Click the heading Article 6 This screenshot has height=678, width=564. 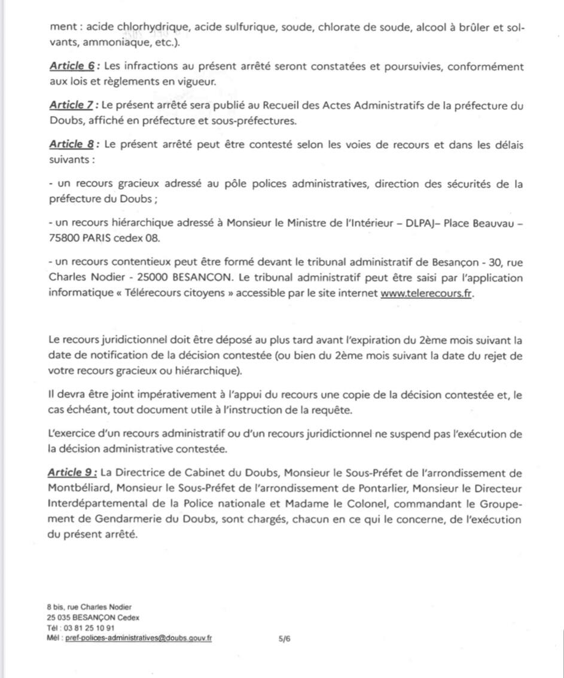tap(72, 67)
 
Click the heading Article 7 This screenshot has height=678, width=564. tap(72, 105)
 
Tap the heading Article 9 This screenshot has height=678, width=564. tap(72, 473)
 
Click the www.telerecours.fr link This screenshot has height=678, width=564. tap(426, 294)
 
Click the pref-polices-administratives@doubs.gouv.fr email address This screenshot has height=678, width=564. tap(147, 638)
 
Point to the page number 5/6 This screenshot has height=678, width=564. tap(285, 638)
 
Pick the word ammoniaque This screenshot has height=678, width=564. tap(114, 42)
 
